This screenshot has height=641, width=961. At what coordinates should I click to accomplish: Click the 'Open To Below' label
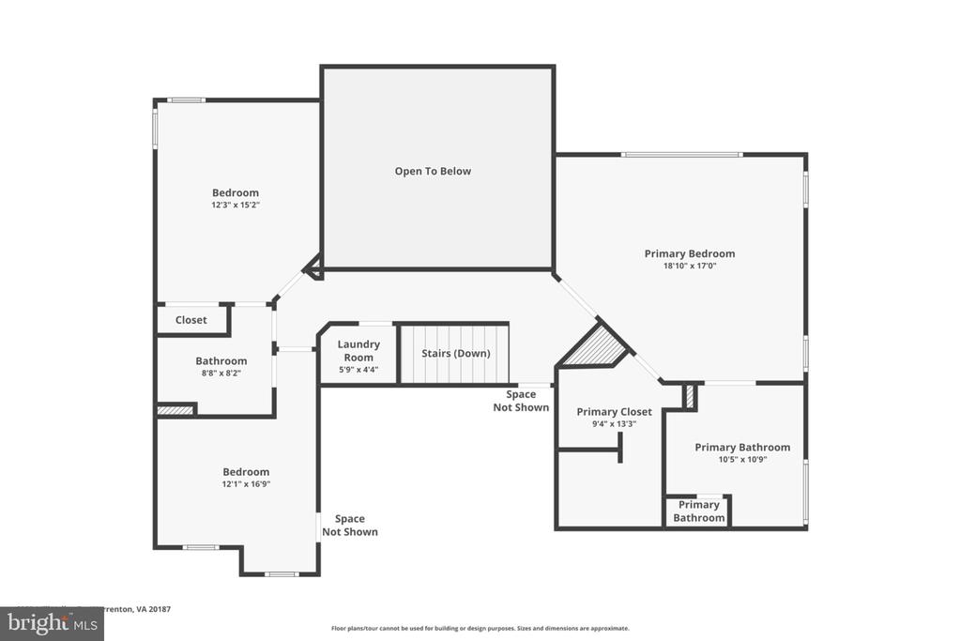[433, 171]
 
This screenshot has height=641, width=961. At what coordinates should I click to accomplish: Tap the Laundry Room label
[358, 351]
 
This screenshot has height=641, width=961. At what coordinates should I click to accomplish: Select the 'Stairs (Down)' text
[456, 353]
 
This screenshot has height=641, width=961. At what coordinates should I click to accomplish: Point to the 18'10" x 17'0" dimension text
[690, 266]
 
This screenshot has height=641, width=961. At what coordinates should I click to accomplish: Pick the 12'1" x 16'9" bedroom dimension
[246, 484]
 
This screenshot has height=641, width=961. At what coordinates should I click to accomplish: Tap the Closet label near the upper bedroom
[191, 320]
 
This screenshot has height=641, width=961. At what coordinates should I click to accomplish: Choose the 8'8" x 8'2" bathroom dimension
[221, 373]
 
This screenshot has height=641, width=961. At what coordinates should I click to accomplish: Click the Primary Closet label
[614, 412]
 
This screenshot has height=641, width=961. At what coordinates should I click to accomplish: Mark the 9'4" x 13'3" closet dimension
[614, 424]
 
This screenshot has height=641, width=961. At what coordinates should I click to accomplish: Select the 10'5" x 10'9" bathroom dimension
[742, 460]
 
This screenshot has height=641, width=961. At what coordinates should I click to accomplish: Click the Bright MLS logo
[52, 623]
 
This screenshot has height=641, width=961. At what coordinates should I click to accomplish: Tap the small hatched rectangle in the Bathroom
[175, 409]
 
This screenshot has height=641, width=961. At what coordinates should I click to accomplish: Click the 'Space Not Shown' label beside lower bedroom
[350, 525]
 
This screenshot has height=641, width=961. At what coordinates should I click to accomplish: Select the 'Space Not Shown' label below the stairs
[521, 401]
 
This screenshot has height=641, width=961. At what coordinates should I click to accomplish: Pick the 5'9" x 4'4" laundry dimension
[358, 370]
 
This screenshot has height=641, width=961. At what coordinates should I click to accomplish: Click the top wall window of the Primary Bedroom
[682, 154]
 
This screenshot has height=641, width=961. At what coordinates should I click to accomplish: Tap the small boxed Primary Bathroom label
[698, 511]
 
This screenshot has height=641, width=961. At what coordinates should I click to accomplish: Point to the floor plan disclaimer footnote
[480, 629]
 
